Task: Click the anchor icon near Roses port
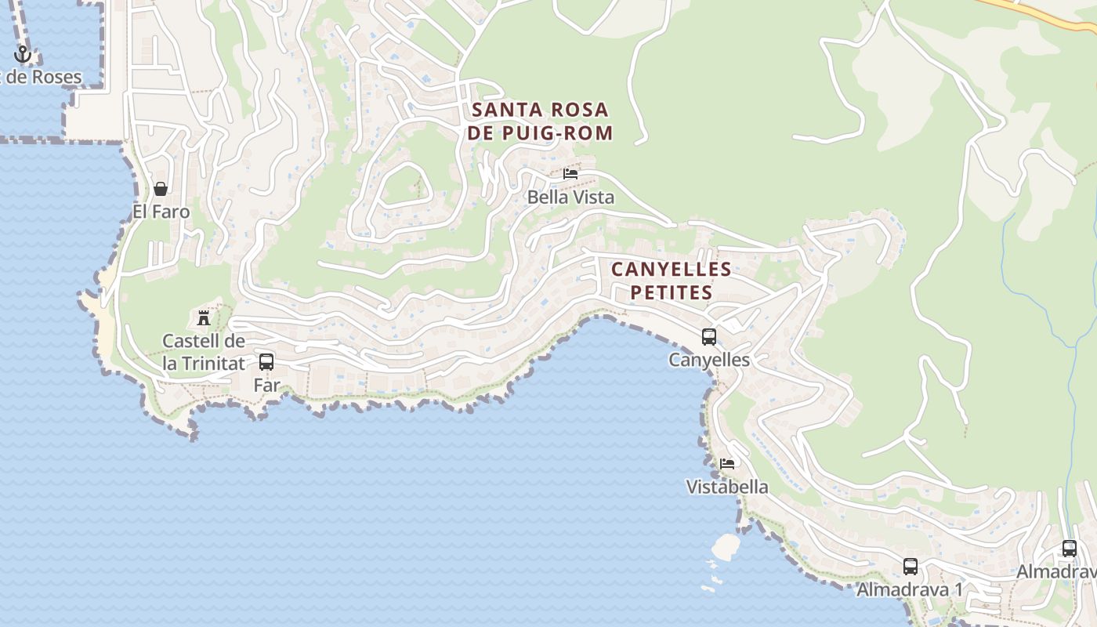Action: (x=22, y=54)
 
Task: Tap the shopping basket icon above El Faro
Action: (x=161, y=189)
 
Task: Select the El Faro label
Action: (x=161, y=212)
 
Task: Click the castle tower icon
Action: (x=204, y=317)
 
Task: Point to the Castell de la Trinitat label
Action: (x=204, y=352)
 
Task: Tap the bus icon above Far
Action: (x=266, y=362)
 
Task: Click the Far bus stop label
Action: (x=266, y=386)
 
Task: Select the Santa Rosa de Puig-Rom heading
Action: (x=540, y=121)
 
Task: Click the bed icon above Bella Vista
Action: (x=570, y=173)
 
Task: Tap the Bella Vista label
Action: (x=570, y=198)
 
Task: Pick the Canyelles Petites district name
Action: (x=672, y=281)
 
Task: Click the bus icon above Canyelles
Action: (x=709, y=337)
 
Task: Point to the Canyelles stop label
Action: (x=709, y=361)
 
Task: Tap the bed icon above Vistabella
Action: (x=727, y=463)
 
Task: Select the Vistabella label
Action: (x=727, y=487)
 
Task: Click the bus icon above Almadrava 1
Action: (x=911, y=566)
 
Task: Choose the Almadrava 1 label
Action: (x=910, y=590)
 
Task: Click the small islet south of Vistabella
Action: (x=726, y=545)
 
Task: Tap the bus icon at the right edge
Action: (x=1070, y=549)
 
